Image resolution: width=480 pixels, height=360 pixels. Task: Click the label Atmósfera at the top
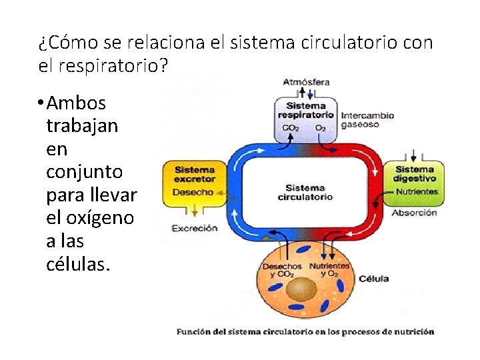click(306, 83)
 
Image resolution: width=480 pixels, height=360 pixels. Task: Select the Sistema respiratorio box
click(306, 117)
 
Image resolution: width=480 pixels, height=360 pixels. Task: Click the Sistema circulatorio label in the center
click(305, 193)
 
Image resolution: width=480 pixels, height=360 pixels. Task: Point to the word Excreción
click(195, 228)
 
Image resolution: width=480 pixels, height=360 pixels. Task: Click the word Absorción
click(414, 213)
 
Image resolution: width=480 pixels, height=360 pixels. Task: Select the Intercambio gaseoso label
click(367, 119)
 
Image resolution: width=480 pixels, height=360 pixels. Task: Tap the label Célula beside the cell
click(374, 279)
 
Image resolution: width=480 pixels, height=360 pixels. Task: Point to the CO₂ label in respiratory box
click(291, 127)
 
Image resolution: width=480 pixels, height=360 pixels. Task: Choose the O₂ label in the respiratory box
click(321, 127)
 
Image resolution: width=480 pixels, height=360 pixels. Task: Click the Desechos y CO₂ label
click(285, 270)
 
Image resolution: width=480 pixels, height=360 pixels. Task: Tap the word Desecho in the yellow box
click(193, 192)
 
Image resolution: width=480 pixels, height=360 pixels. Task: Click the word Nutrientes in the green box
click(417, 192)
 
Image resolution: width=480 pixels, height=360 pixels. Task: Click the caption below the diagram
click(305, 331)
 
